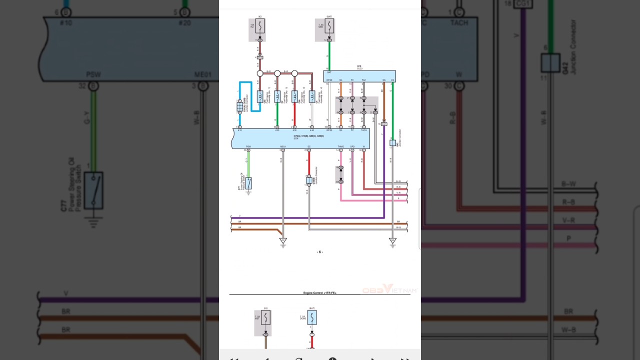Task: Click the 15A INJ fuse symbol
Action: click(x=260, y=26)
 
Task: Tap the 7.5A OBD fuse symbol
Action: click(x=329, y=26)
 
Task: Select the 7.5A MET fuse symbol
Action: click(x=265, y=318)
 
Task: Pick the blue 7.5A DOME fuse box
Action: click(x=312, y=317)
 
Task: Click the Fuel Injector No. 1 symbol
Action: click(x=260, y=96)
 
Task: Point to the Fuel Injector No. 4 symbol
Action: click(x=312, y=96)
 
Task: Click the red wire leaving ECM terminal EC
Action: click(x=309, y=162)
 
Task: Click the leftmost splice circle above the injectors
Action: click(x=260, y=73)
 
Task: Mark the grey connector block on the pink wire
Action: click(x=340, y=174)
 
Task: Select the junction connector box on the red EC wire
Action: click(x=309, y=179)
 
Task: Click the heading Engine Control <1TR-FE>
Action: click(x=319, y=292)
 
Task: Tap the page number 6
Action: click(x=320, y=252)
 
